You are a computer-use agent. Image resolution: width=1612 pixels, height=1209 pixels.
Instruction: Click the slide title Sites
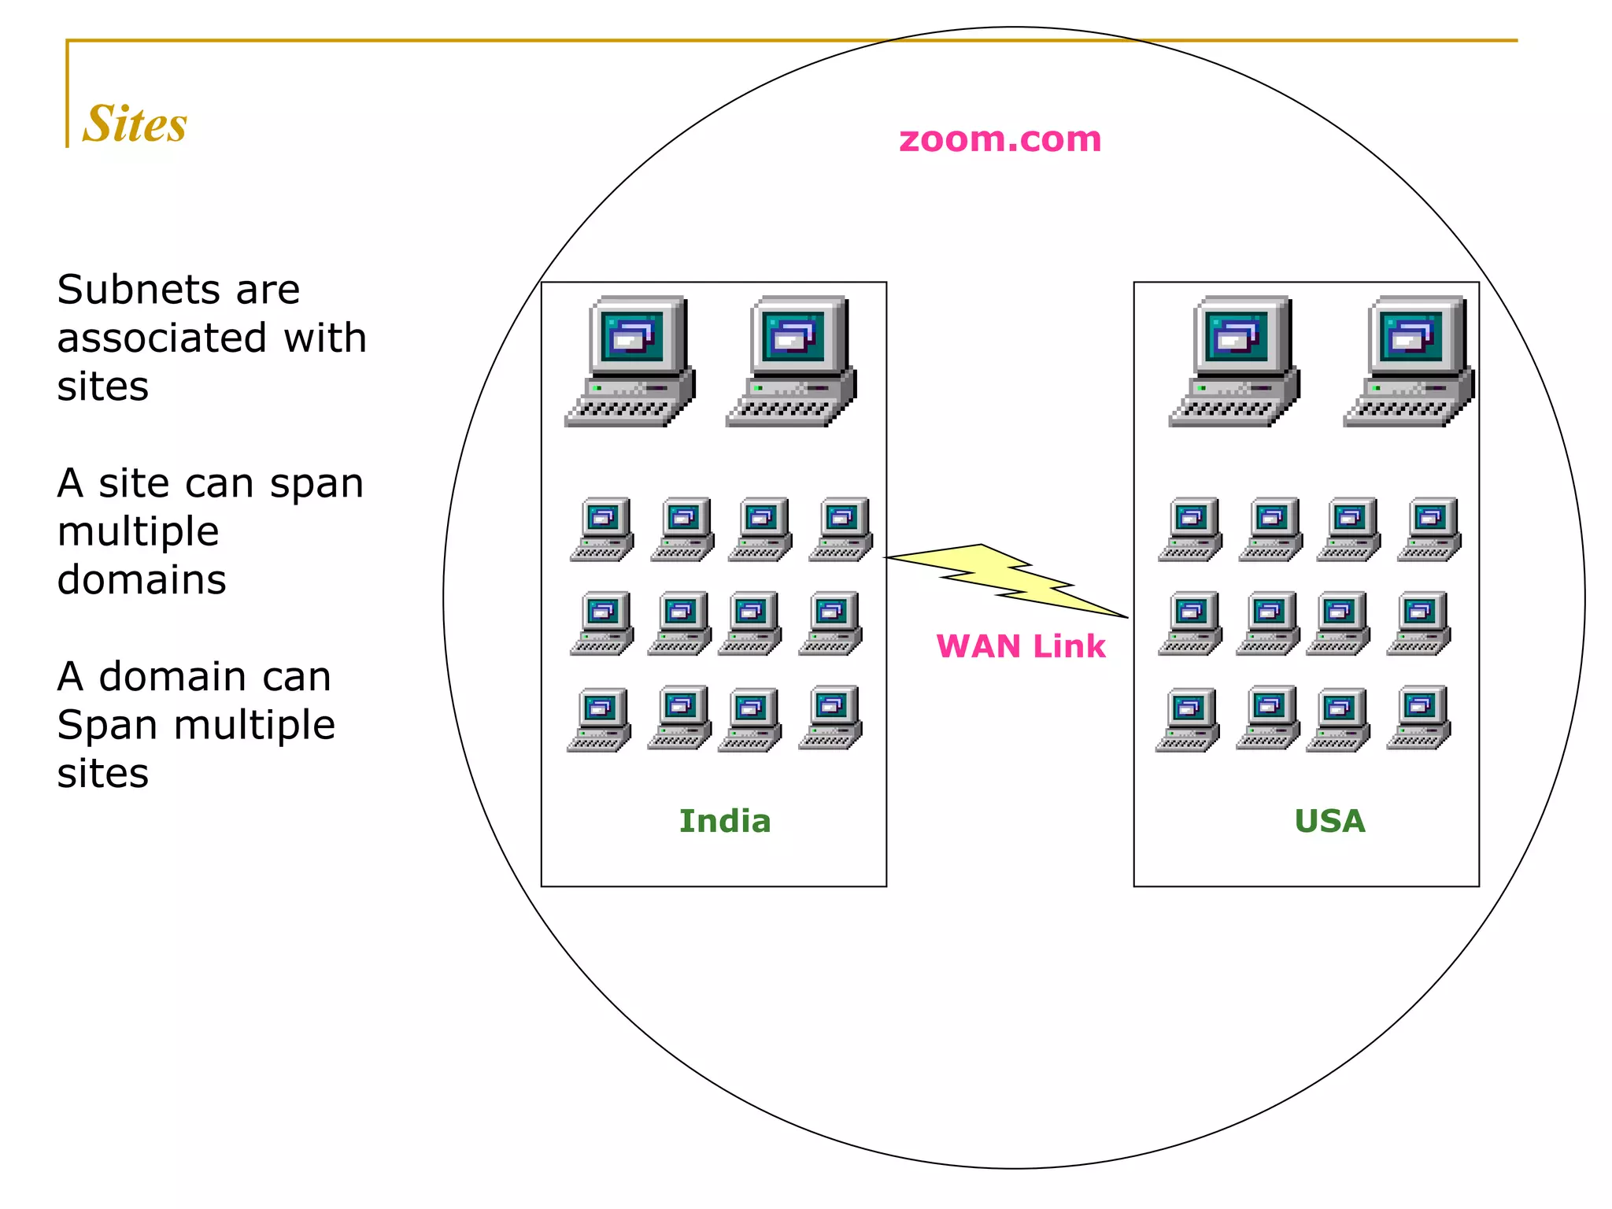coord(135,124)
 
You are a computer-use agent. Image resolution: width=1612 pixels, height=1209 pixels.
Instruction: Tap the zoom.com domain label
coord(1000,139)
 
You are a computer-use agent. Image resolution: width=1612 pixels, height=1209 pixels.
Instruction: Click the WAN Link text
coord(1020,646)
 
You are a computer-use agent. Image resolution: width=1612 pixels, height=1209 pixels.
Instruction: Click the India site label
coord(725,821)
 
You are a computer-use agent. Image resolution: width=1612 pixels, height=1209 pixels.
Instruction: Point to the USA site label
coord(1329,821)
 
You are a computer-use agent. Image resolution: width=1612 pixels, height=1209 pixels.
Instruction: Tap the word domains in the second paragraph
coord(142,580)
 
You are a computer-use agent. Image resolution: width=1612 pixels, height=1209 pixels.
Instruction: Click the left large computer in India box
coord(631,361)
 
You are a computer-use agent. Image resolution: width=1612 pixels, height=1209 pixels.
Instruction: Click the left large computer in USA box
coord(1235,361)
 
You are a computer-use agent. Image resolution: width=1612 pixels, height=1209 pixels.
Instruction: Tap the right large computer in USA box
coord(1410,361)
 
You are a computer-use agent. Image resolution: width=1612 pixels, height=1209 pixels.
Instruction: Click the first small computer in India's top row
coord(603,528)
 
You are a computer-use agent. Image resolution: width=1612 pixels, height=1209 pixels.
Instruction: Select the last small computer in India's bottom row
coord(830,717)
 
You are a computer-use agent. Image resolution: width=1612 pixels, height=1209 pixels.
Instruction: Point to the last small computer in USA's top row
coord(1429,528)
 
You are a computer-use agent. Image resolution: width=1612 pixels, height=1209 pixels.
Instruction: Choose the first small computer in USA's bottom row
coord(1188,719)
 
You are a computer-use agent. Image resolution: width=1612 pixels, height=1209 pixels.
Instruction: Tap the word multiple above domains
coord(138,531)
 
